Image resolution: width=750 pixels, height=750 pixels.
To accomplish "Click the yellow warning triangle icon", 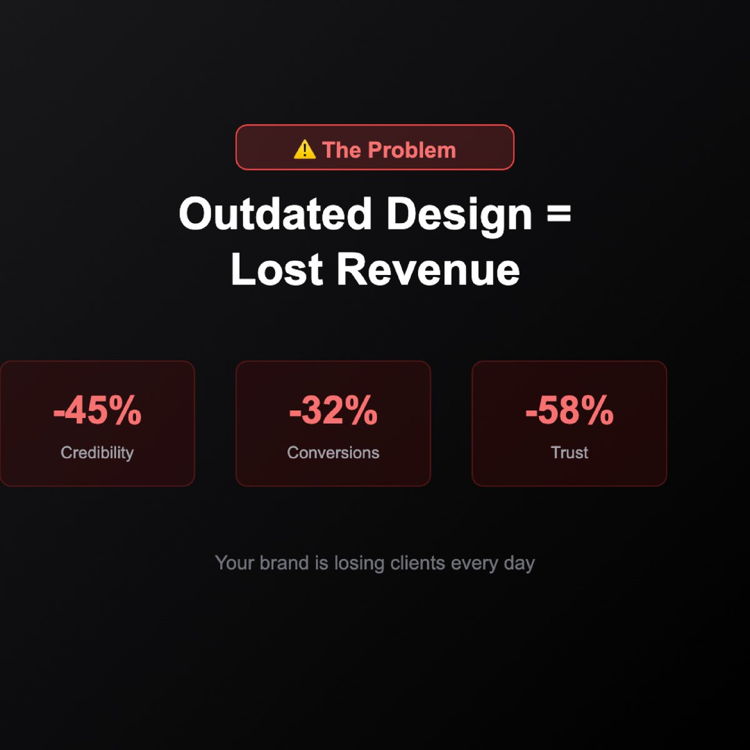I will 304,149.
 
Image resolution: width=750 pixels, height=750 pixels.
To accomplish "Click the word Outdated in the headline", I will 276,214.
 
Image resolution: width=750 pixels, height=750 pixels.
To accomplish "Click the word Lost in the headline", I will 277,269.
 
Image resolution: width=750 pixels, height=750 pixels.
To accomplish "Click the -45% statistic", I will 97,411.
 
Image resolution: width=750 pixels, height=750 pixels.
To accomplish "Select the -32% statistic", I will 333,411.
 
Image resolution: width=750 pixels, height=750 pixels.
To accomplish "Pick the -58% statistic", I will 569,411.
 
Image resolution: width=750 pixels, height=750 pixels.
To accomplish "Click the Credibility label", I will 97,452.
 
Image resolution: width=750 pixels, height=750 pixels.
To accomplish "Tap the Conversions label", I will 333,452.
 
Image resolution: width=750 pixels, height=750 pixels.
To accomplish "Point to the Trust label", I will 569,452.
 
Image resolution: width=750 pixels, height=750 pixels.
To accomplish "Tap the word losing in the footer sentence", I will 359,563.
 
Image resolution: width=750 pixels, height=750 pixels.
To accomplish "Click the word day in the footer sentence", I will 519,563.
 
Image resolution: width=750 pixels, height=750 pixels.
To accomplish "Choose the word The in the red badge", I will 341,150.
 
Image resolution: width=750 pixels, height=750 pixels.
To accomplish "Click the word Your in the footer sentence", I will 234,562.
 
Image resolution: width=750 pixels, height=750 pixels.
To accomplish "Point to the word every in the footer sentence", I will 474,563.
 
